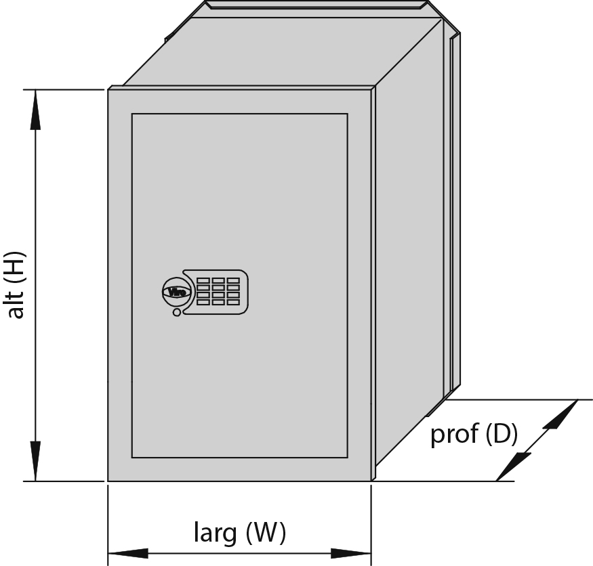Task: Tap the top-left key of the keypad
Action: point(203,280)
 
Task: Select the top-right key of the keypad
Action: point(233,280)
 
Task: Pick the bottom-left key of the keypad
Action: point(203,302)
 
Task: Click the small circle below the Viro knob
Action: point(177,313)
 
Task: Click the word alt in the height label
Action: point(16,305)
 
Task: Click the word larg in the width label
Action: point(216,533)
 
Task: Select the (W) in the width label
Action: point(266,533)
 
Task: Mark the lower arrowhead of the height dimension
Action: point(35,461)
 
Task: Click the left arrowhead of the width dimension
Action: point(128,554)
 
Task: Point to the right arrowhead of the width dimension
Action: point(351,554)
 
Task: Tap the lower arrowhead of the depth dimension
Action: point(514,466)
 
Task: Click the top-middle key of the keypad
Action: point(218,280)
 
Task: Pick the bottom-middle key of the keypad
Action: point(218,302)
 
